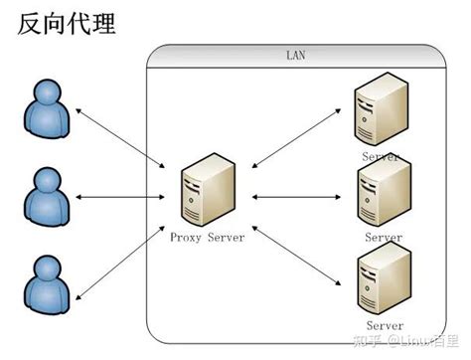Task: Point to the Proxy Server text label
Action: tap(207, 237)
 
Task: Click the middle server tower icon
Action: tap(383, 195)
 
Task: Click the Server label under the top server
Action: tap(382, 157)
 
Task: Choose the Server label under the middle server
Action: tap(383, 238)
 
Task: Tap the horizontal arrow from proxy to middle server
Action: tap(295, 197)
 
